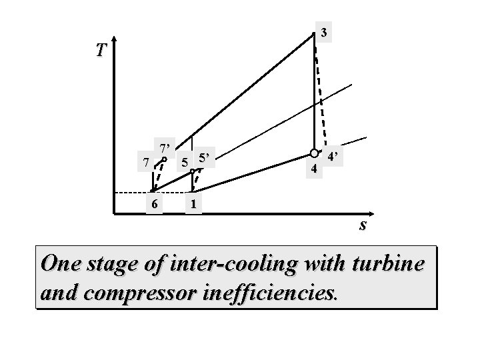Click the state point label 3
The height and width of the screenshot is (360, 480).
coord(323,32)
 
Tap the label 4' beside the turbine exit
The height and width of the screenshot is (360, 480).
coord(333,157)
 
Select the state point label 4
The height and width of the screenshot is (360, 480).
coord(314,169)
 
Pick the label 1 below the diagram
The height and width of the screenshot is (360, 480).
coord(193,204)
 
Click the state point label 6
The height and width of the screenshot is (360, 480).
coord(154,204)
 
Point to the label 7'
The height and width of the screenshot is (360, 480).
coord(165,149)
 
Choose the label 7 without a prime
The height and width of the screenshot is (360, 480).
coord(146,162)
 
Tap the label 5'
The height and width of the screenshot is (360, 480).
coord(204,158)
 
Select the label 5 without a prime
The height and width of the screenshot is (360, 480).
coord(185,163)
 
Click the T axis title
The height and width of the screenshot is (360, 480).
coord(101,50)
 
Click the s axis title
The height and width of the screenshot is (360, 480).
coord(363,225)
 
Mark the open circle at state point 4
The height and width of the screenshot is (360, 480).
coord(314,153)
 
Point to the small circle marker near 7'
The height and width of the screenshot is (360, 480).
coord(164,159)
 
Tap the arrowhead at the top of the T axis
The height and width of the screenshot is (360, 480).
coord(114,39)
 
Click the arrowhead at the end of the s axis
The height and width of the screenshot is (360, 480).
coord(371,214)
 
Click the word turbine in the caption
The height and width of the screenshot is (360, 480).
coord(388,263)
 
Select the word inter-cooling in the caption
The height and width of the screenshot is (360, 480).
coord(233,264)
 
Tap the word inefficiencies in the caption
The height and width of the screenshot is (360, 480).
coord(270,292)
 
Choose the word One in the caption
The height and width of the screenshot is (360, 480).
coord(61,263)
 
